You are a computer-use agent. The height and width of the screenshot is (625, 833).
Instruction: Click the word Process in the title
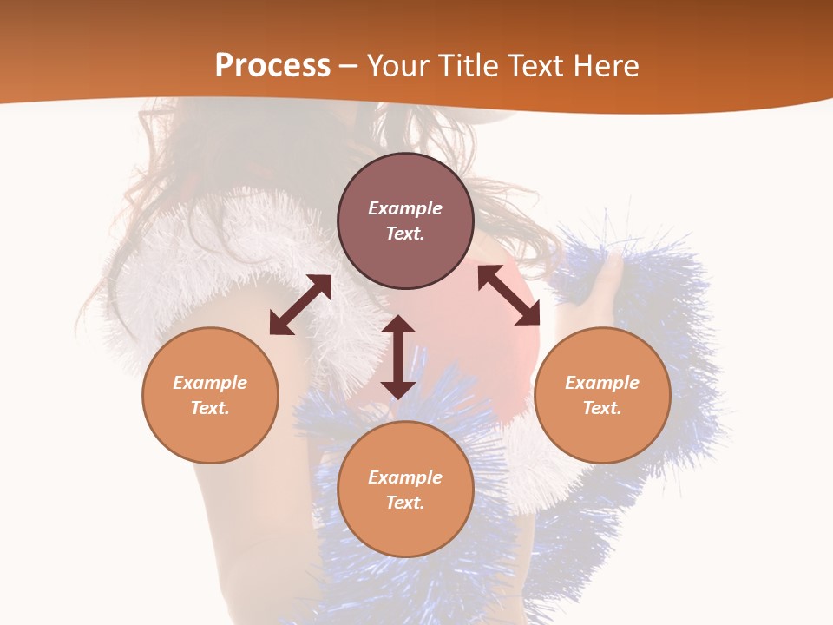(x=272, y=66)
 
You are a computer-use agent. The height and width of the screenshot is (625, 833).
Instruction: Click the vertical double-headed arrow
(x=398, y=357)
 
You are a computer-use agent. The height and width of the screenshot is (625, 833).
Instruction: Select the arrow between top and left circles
(x=300, y=305)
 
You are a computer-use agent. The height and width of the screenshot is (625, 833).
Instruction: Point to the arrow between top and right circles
(x=509, y=296)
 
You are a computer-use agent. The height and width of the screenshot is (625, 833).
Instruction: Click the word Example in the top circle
(x=405, y=208)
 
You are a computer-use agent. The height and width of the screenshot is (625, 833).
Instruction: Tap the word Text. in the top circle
(x=405, y=234)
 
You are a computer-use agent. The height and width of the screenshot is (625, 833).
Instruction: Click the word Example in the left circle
(x=210, y=383)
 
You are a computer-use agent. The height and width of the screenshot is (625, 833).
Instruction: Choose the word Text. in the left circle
(x=210, y=408)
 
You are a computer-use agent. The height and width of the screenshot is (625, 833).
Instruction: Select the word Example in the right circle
(x=602, y=383)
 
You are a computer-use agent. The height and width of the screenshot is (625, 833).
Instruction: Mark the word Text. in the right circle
(x=602, y=408)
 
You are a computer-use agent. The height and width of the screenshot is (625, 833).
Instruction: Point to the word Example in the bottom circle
(x=405, y=477)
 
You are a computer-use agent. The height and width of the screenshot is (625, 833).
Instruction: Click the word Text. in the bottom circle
(x=405, y=503)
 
